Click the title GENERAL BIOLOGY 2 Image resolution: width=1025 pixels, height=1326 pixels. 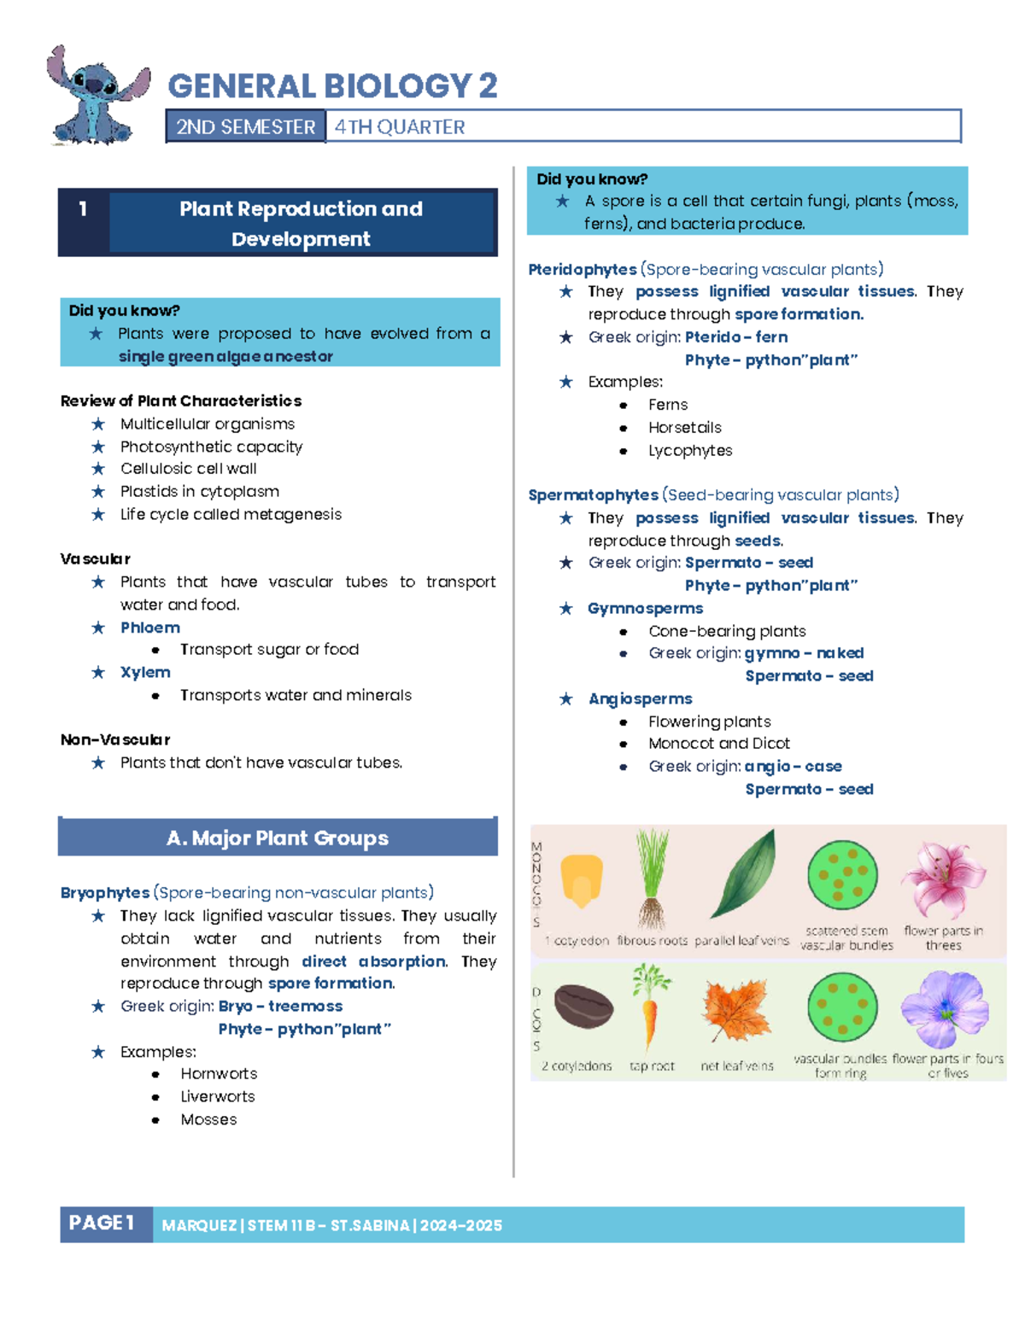point(332,86)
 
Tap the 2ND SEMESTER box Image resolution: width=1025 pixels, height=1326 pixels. point(245,127)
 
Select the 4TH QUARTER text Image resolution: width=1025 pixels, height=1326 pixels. point(400,127)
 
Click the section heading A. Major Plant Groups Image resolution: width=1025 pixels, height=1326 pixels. point(278,838)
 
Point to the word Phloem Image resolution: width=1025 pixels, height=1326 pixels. point(150,628)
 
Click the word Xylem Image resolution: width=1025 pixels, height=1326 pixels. point(145,672)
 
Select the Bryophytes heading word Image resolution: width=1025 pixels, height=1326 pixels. point(105,892)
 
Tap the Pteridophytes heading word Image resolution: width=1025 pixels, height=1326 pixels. point(583,269)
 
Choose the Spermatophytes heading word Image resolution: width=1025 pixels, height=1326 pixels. point(593,494)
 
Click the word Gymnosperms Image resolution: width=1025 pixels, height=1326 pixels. point(645,608)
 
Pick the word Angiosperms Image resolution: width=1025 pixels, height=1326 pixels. point(640,698)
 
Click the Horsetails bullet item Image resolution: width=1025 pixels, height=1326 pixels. point(684,427)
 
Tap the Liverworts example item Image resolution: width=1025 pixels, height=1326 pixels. point(217,1096)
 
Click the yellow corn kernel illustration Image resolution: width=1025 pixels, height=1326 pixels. point(582,879)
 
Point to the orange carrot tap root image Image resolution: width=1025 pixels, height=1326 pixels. point(651,1008)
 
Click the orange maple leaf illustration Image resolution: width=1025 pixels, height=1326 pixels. point(736,1010)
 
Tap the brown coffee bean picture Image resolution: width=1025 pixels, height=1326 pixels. point(583,1007)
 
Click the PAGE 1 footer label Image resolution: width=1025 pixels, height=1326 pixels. point(102,1224)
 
